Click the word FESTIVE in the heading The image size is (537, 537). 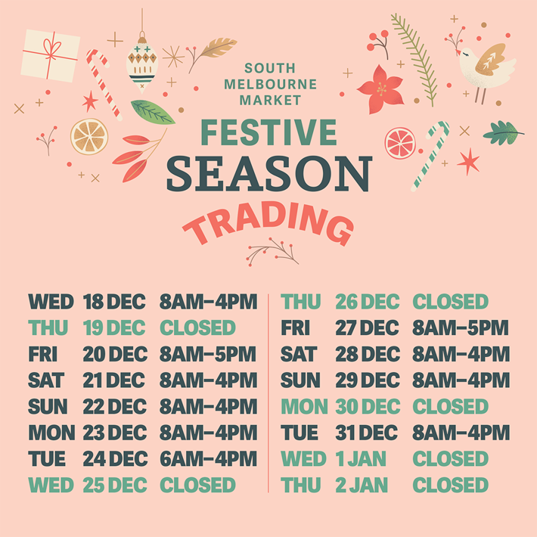pyautogui.click(x=268, y=132)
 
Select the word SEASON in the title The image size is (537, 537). pyautogui.click(x=269, y=174)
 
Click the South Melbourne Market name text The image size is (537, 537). pyautogui.click(x=270, y=84)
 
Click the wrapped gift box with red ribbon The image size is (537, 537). pyautogui.click(x=51, y=56)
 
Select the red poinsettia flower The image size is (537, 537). pyautogui.click(x=380, y=89)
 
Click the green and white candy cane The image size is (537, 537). pyautogui.click(x=430, y=156)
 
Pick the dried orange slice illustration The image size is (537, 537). pyautogui.click(x=89, y=137)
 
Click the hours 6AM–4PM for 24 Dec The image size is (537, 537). pyautogui.click(x=208, y=458)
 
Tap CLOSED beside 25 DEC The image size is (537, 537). pyautogui.click(x=197, y=485)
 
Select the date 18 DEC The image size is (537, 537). pyautogui.click(x=114, y=302)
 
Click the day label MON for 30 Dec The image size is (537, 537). pyautogui.click(x=304, y=406)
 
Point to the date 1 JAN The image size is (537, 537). pyautogui.click(x=361, y=459)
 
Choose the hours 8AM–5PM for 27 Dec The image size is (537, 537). pyautogui.click(x=461, y=328)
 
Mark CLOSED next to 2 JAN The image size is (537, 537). pyautogui.click(x=450, y=485)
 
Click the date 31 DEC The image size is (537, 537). pyautogui.click(x=367, y=433)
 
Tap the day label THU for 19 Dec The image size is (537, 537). pyautogui.click(x=48, y=327)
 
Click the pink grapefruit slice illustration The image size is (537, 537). pyautogui.click(x=400, y=143)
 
